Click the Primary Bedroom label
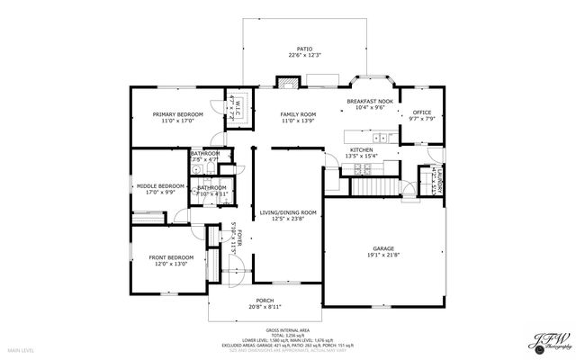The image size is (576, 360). [x=177, y=115]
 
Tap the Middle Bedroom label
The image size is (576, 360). [x=159, y=186]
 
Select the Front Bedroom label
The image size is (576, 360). [x=168, y=258]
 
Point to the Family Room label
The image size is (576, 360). [x=298, y=115]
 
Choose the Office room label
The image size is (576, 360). [x=421, y=112]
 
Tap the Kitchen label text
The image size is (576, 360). [x=361, y=149]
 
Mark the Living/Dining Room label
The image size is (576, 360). [x=289, y=212]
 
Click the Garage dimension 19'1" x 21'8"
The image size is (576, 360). [x=383, y=256]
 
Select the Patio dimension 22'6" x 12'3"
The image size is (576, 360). [x=305, y=56]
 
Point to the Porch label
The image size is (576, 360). [x=265, y=301]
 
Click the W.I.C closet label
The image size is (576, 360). [x=233, y=108]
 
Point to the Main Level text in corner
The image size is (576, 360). [x=21, y=349]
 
